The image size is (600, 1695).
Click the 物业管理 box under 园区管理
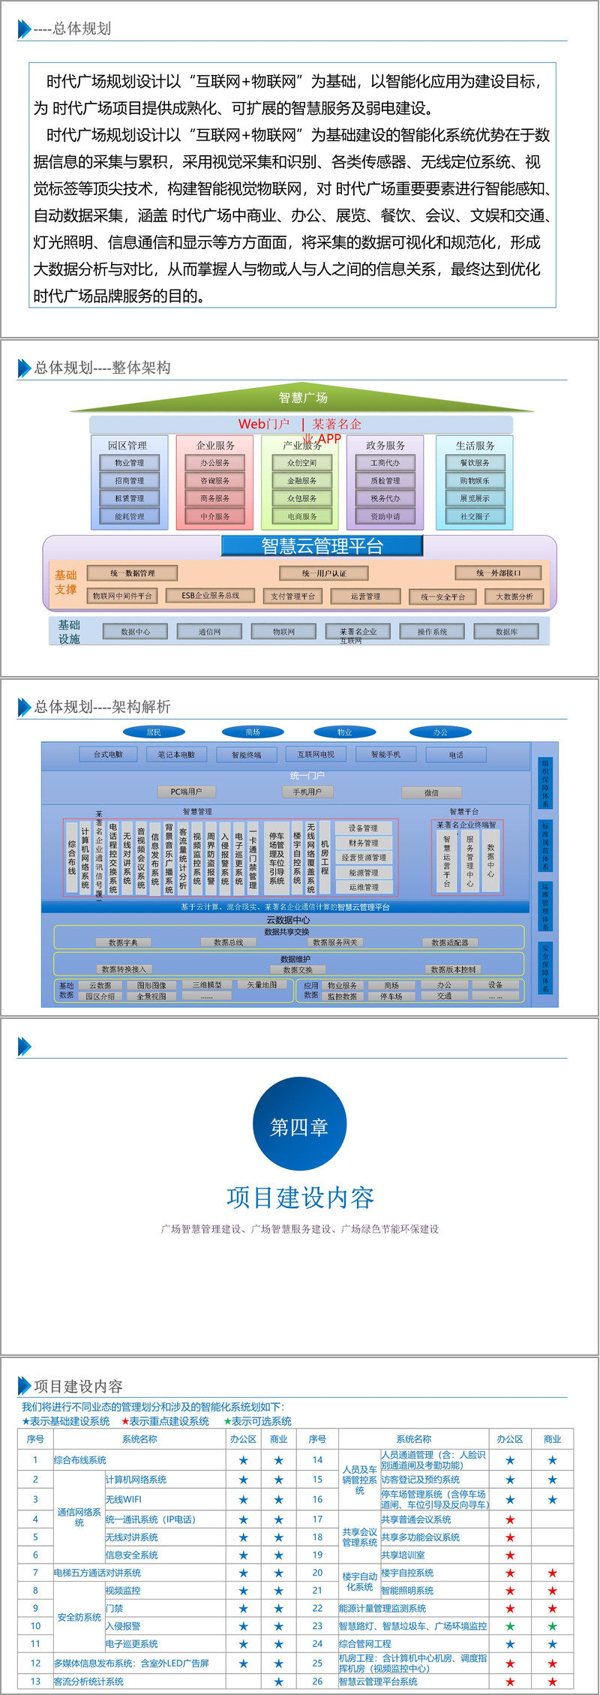point(130,463)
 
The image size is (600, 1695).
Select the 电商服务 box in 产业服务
point(302,516)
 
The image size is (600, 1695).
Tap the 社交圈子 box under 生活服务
point(475,516)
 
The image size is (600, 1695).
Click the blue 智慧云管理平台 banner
point(322,545)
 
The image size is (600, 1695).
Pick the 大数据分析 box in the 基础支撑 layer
point(514,597)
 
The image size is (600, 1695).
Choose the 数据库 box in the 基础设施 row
point(506,632)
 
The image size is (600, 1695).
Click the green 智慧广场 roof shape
point(303,398)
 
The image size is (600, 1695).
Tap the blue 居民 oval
point(154,732)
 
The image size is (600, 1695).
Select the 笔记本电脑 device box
point(176,754)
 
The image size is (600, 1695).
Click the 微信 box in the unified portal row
point(431,792)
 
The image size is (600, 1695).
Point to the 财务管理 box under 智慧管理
point(364,843)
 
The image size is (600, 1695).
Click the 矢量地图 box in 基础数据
point(262,984)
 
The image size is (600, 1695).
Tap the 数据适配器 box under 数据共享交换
point(450,942)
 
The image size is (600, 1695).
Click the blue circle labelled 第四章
point(299,1127)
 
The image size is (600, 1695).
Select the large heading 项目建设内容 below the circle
point(300,1198)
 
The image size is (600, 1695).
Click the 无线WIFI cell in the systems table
point(124,1499)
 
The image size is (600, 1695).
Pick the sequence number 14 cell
point(317,1460)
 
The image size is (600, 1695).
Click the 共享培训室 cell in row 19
point(403,1555)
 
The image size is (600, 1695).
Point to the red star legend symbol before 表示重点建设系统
point(125,1422)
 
